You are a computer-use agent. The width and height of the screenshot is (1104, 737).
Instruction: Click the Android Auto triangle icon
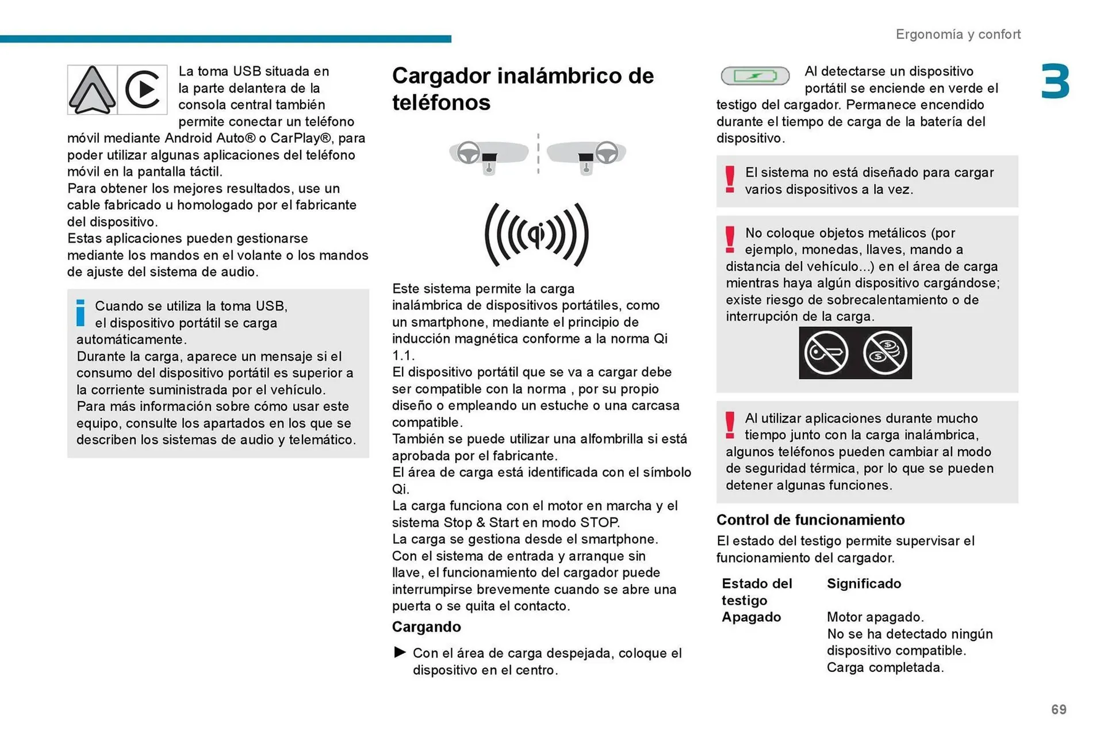(92, 90)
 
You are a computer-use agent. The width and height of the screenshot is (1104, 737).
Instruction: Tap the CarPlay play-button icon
(142, 90)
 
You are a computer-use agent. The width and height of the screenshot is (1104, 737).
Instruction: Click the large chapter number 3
(1055, 82)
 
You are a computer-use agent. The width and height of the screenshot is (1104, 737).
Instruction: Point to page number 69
(1059, 709)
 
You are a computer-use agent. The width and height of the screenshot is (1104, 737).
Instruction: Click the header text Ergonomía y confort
(958, 35)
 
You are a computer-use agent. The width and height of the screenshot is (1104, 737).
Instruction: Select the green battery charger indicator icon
(755, 75)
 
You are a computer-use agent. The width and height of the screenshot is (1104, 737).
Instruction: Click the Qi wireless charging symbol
(536, 234)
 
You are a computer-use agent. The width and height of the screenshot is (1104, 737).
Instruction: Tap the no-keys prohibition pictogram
(826, 353)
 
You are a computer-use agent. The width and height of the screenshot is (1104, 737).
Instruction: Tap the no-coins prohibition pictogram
(885, 353)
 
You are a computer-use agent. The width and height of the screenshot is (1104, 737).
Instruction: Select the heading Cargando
(426, 627)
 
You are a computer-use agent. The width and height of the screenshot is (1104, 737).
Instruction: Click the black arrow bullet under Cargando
(400, 652)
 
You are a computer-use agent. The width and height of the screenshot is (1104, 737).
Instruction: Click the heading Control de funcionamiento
(810, 520)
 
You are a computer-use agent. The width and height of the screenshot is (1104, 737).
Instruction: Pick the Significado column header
(864, 583)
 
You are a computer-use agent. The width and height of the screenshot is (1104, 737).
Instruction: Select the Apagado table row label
(751, 617)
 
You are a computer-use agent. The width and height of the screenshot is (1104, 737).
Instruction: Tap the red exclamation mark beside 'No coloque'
(730, 239)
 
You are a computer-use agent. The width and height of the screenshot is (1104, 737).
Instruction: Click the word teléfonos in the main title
(441, 102)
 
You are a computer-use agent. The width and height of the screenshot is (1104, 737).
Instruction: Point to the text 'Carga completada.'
(885, 667)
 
